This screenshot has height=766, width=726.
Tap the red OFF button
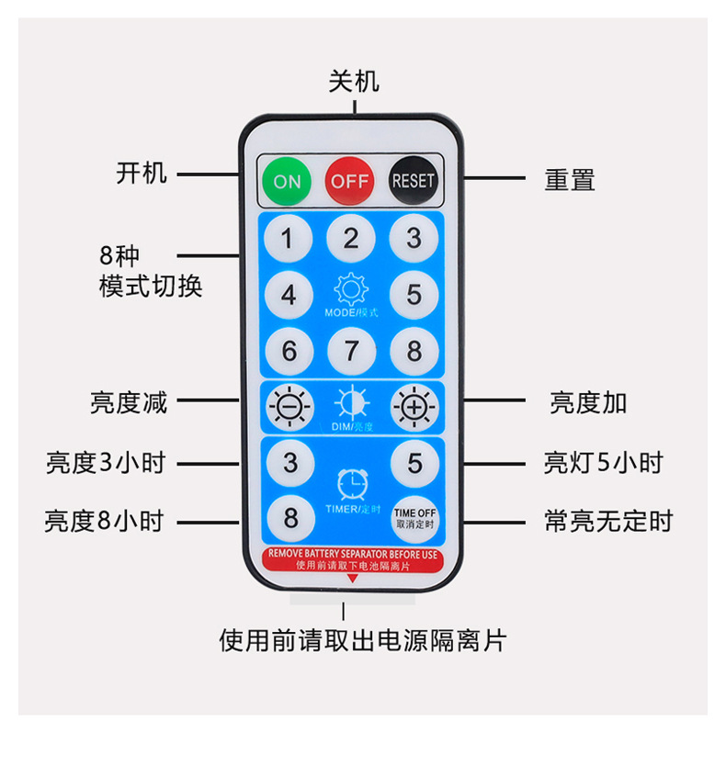tap(350, 180)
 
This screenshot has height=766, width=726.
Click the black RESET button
tap(413, 180)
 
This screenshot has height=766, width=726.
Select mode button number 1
tap(288, 239)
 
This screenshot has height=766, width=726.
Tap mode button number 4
tap(288, 296)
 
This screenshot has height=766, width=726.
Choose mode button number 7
tap(350, 351)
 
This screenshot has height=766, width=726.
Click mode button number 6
tap(288, 351)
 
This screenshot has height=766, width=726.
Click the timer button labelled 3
tap(290, 462)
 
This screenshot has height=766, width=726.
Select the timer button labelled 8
tap(290, 517)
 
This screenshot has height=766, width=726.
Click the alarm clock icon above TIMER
tap(350, 482)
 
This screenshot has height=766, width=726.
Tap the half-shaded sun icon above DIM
tap(350, 403)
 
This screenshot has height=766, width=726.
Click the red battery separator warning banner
tap(352, 559)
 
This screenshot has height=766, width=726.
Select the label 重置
tap(570, 179)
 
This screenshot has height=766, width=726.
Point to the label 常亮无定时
tap(608, 522)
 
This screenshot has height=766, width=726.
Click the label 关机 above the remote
tap(354, 81)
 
